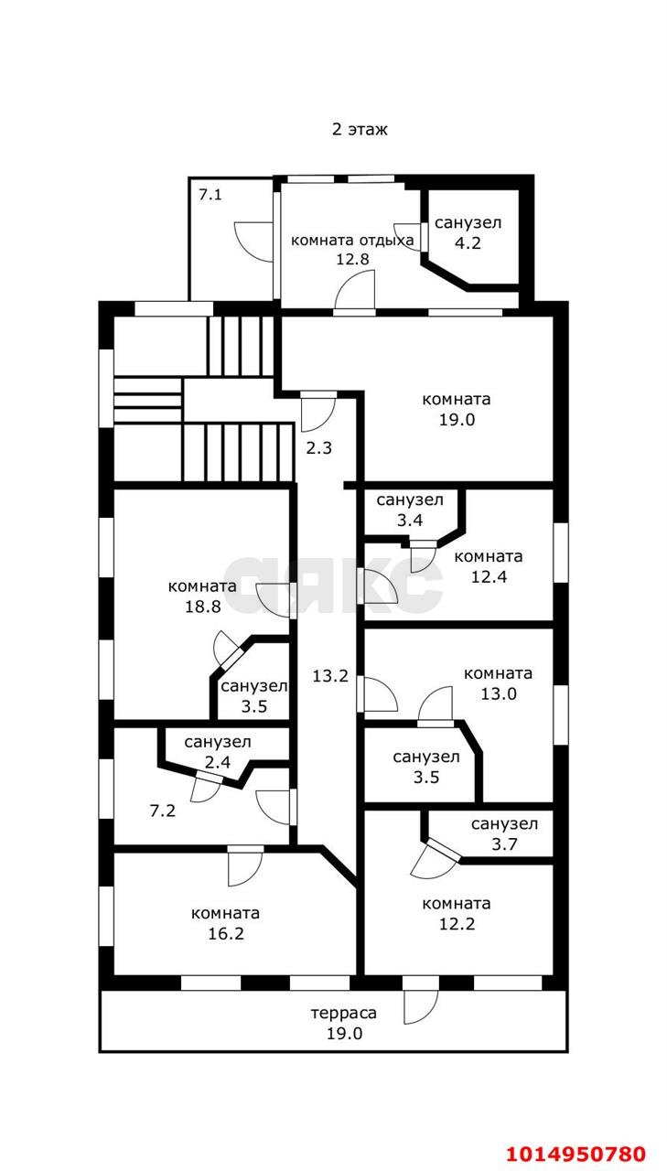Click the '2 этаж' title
(x=360, y=129)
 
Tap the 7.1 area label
(x=210, y=195)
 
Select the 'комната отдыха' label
(x=351, y=241)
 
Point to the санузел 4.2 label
(x=468, y=232)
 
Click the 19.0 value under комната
(x=457, y=419)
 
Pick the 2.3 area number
(x=319, y=448)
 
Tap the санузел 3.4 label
(x=410, y=510)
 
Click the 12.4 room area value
(x=489, y=576)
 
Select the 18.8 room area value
(x=202, y=607)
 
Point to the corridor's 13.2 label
(x=330, y=676)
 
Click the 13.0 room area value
(x=498, y=693)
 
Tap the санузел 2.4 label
(x=218, y=752)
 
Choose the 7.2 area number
(x=163, y=811)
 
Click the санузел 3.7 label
(x=504, y=833)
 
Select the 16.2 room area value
(x=226, y=933)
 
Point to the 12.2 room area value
(x=457, y=924)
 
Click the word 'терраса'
(x=343, y=1013)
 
